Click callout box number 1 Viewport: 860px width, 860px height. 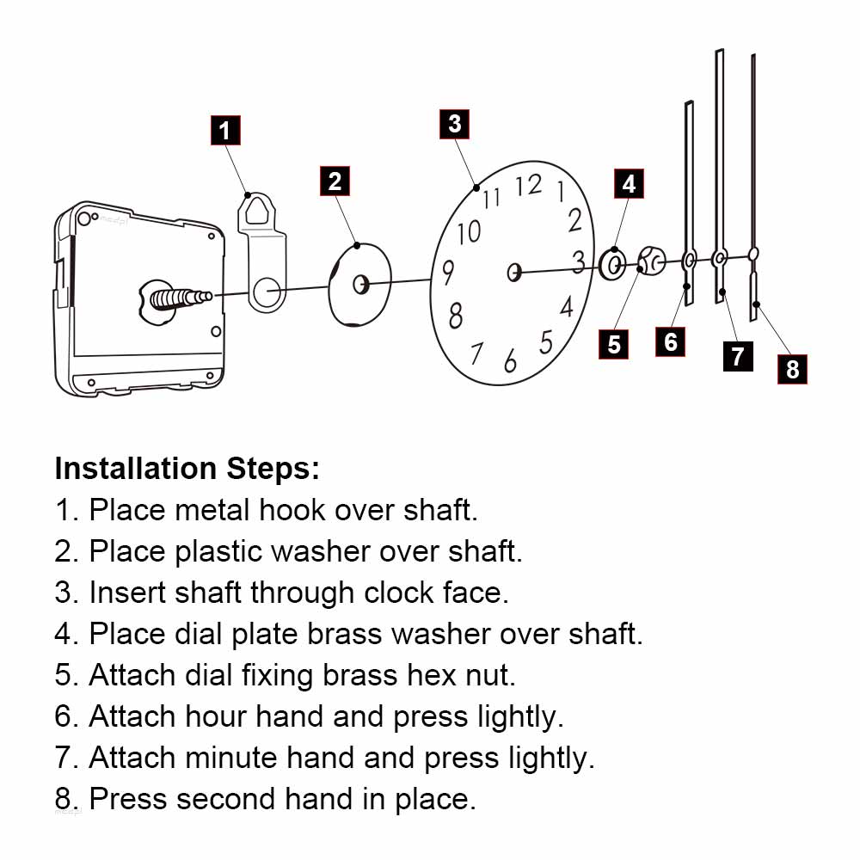pyautogui.click(x=224, y=131)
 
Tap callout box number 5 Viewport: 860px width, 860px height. pyautogui.click(x=614, y=344)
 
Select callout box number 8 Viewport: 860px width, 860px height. pyautogui.click(x=792, y=369)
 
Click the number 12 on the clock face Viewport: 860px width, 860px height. pyautogui.click(x=528, y=185)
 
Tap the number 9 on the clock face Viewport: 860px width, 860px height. pyautogui.click(x=447, y=274)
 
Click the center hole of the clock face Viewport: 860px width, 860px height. pyautogui.click(x=514, y=273)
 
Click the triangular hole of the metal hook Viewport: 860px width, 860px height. pyautogui.click(x=255, y=209)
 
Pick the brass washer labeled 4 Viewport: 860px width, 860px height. pyautogui.click(x=612, y=265)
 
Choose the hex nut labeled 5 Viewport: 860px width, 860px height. pyautogui.click(x=650, y=259)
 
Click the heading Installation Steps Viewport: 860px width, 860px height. pyautogui.click(x=187, y=469)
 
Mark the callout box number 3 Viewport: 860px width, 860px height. pyautogui.click(x=454, y=124)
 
